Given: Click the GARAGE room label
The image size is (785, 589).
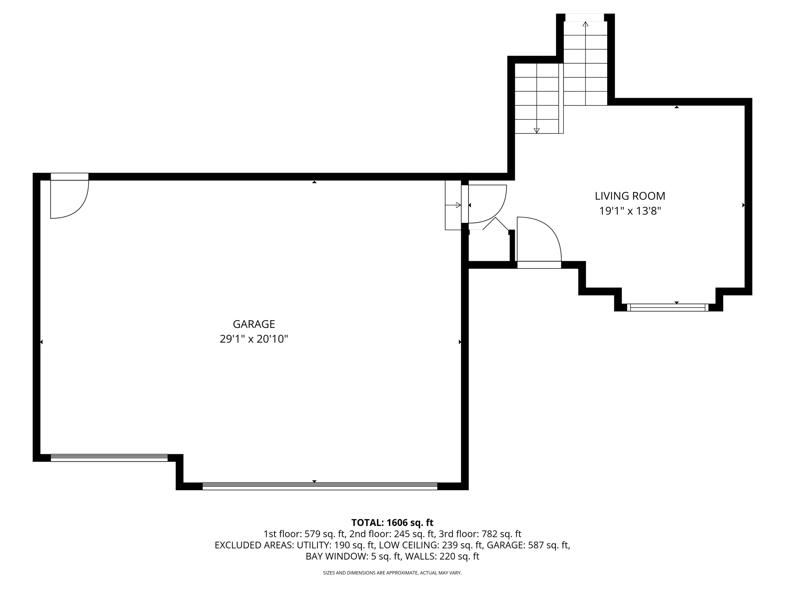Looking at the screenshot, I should coord(254,324).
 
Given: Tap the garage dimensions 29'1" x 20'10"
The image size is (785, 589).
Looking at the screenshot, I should coord(254,339).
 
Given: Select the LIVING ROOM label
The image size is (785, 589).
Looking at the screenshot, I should coord(630,196).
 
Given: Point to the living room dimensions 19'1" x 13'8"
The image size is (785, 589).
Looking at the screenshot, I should coord(630,211).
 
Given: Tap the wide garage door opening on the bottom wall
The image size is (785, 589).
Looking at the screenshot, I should coord(320,486).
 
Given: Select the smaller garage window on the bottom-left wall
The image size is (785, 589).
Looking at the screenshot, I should coord(109,458).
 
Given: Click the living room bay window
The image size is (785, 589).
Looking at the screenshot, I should coord(667,307).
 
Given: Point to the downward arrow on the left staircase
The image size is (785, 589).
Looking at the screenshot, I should coord(536,130).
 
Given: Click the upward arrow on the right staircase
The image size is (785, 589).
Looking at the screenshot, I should coord(585,25).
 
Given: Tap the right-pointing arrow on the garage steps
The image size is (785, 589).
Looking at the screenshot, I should coord(458,205).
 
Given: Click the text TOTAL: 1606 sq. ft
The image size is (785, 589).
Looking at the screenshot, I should coord(392,523).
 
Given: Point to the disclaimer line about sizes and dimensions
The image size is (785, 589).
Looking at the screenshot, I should coord(392,573).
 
